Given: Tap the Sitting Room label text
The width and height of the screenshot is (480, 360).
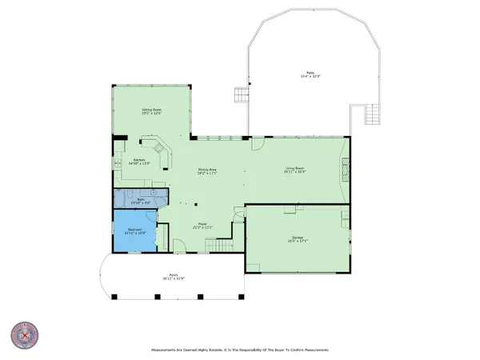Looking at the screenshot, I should point(152,111).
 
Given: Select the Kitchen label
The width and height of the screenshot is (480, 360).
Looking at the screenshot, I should point(139,162).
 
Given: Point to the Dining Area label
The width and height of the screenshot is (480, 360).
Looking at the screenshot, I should point(208,170).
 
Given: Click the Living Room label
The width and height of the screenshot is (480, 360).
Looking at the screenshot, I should point(295,170).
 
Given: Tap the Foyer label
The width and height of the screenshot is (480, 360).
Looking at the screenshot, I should point(202,227).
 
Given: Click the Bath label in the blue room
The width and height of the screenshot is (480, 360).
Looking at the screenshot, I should point(139,201).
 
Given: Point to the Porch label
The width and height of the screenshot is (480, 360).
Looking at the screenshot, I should point(173,278).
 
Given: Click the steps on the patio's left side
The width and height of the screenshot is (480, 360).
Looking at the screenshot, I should point(238,97).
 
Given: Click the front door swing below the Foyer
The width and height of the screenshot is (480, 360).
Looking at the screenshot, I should point(181,248).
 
